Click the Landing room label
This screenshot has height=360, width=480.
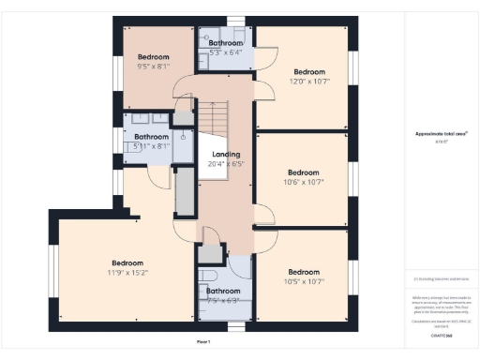226,154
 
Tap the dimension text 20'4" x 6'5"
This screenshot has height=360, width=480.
226,163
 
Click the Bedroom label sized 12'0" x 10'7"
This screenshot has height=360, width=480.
308,72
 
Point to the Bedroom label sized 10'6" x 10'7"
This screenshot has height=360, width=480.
303,172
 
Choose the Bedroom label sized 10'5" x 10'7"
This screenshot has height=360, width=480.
303,271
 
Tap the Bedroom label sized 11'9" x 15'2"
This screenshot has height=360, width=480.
127,262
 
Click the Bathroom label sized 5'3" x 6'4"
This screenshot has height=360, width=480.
226,43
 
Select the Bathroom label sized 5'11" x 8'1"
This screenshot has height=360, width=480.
151,137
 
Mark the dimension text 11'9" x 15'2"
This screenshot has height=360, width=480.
127,272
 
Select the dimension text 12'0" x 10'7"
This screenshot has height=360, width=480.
308,82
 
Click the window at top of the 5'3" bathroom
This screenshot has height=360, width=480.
238,21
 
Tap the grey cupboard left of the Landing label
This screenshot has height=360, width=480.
185,193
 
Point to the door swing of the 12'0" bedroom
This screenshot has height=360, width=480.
264,56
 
